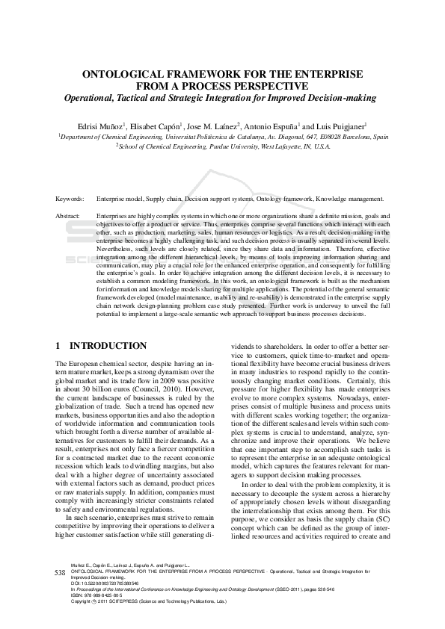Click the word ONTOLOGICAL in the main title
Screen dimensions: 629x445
click(128, 75)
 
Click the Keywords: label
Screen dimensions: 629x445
click(70, 199)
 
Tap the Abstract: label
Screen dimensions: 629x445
click(69, 215)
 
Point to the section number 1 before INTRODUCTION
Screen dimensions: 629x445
click(58, 347)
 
